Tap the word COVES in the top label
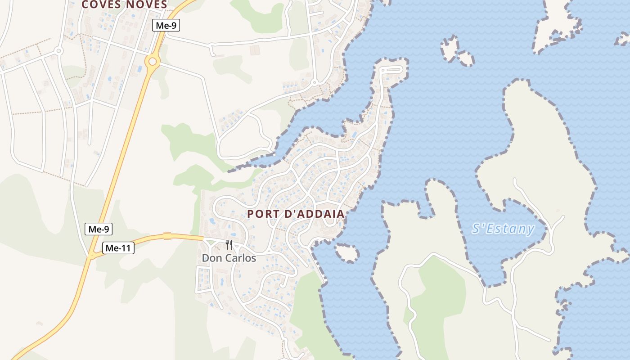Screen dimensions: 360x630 (x=99, y=4)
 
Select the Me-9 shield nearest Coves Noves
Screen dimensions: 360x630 (x=166, y=26)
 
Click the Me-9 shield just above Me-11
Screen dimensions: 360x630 (x=99, y=229)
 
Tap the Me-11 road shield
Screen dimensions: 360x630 (x=118, y=248)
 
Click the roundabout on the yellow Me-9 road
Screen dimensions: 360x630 (x=153, y=60)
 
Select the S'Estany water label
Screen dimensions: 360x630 (x=503, y=229)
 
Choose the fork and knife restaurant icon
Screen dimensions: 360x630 (x=229, y=245)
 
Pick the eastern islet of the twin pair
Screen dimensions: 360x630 (x=465, y=58)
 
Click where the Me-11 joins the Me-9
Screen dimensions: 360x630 (x=92, y=256)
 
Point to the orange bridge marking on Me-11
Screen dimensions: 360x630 (x=167, y=236)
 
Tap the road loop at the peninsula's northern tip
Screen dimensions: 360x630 (x=391, y=70)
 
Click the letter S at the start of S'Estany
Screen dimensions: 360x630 (x=476, y=229)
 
